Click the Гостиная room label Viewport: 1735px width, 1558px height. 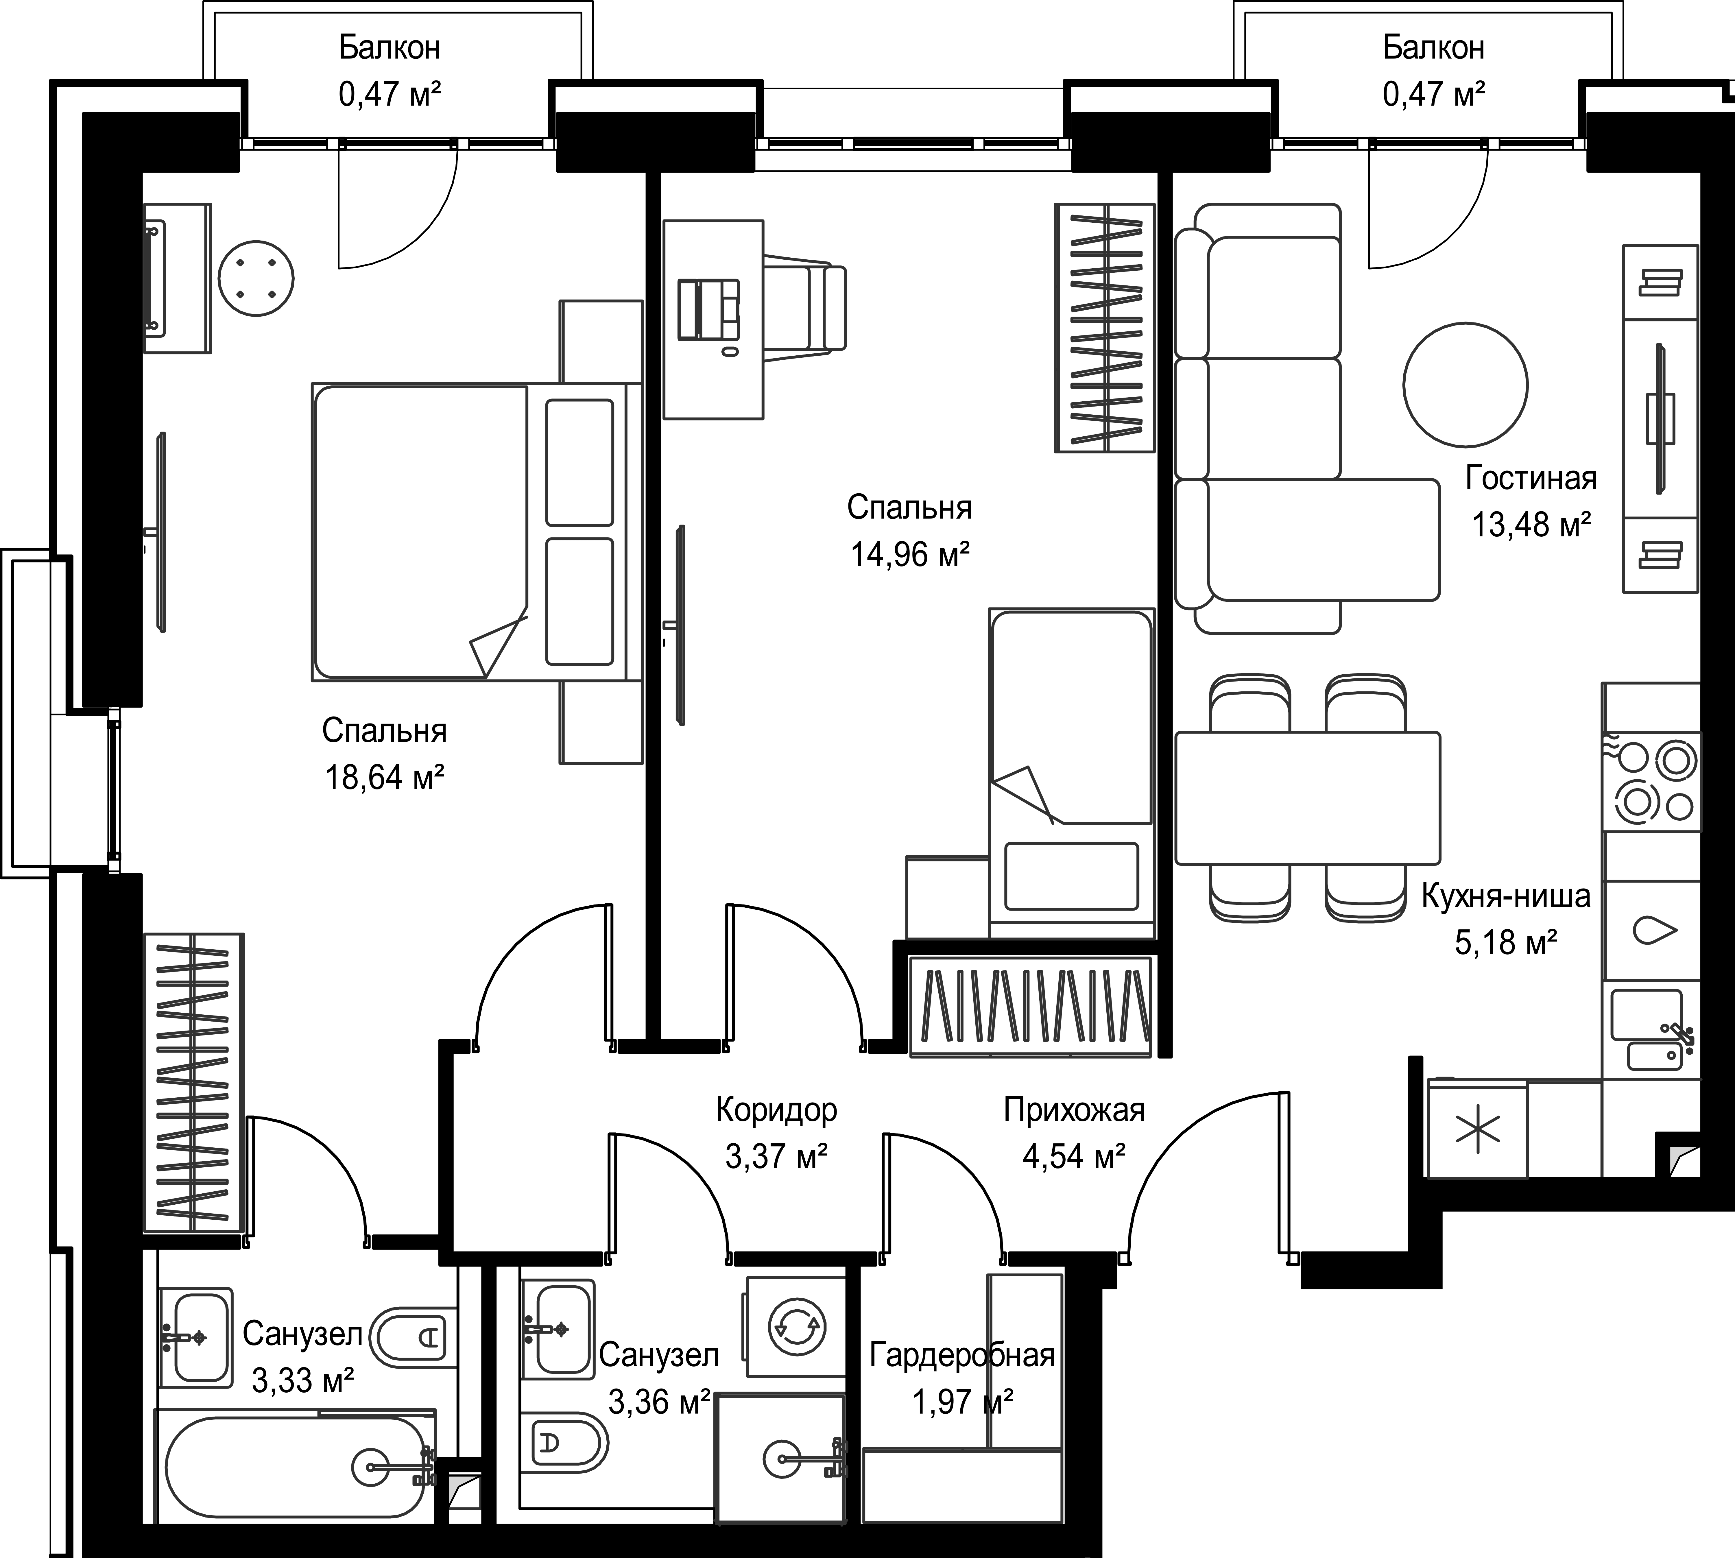[1531, 478]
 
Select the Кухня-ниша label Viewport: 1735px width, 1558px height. [1506, 896]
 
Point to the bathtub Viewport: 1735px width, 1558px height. [296, 1467]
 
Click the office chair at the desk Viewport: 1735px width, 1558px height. [804, 308]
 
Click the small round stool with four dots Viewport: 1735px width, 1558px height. [256, 278]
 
